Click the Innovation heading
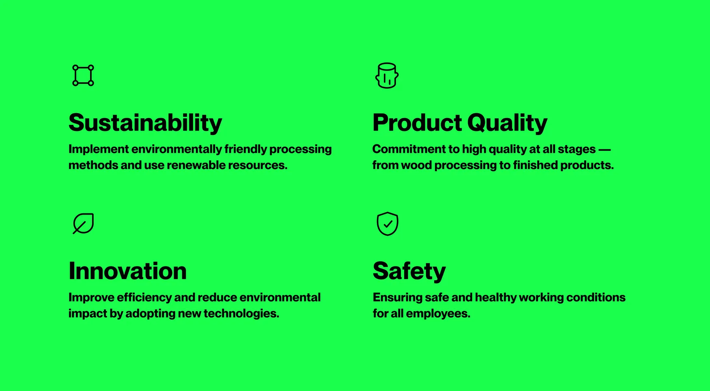point(127,271)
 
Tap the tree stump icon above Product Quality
point(387,75)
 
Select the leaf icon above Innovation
point(83,223)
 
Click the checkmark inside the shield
point(388,224)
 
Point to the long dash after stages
point(605,150)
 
